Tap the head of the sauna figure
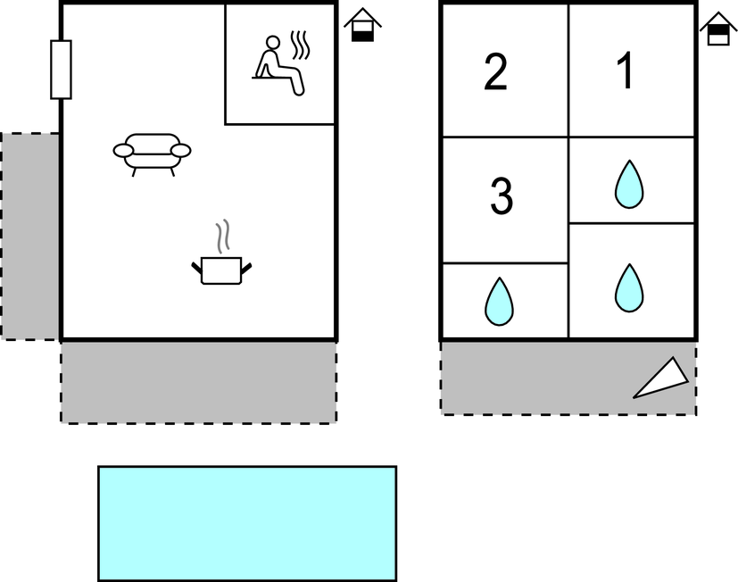[272, 42]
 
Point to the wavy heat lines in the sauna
[300, 46]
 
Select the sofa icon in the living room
[152, 154]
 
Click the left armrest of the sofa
[123, 151]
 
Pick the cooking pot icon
[221, 270]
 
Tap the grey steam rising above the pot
[222, 237]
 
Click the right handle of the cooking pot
[246, 269]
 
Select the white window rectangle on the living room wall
[62, 70]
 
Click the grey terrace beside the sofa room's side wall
[30, 237]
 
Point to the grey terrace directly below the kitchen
[198, 382]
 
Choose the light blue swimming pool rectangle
[247, 524]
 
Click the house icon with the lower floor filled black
[362, 25]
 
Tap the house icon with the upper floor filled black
[718, 29]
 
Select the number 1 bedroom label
[626, 71]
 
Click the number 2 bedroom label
[495, 71]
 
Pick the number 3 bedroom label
[502, 195]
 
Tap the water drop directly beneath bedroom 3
[499, 302]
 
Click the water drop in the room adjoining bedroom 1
[629, 184]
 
